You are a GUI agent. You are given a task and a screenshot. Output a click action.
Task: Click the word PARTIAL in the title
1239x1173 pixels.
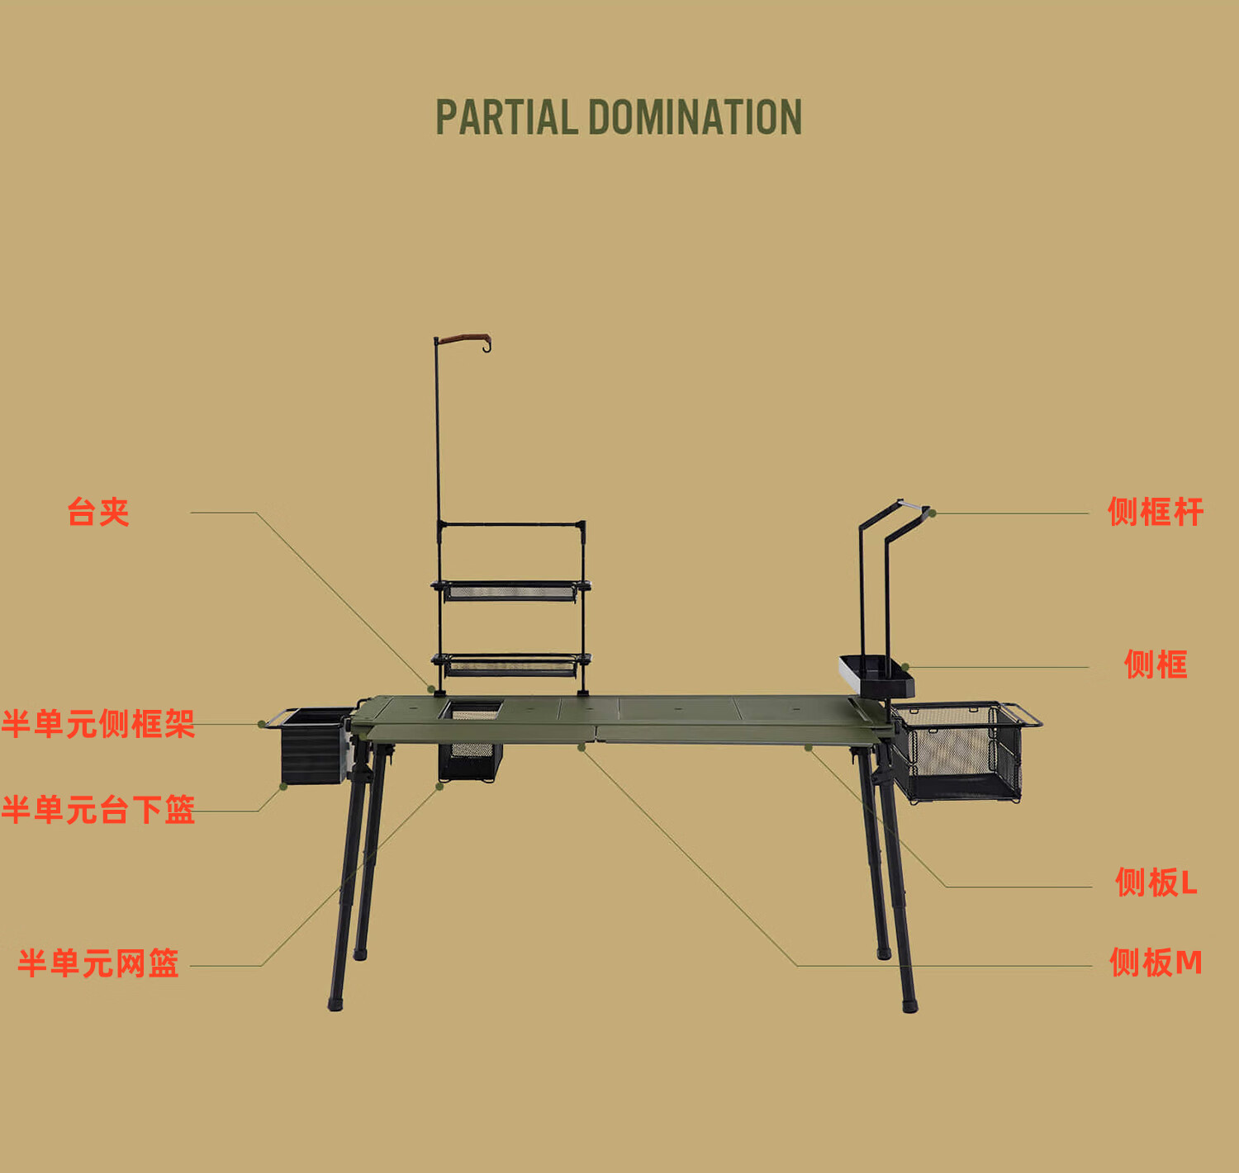(x=506, y=117)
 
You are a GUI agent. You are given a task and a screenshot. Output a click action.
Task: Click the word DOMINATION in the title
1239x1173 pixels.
(x=695, y=117)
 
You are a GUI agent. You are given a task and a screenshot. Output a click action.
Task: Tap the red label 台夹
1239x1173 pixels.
(x=98, y=512)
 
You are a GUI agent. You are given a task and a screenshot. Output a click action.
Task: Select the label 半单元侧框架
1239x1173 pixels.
(x=98, y=724)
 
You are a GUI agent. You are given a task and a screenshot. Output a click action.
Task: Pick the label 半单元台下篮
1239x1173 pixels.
(x=98, y=810)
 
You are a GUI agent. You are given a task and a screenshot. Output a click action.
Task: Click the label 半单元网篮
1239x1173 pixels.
(x=98, y=963)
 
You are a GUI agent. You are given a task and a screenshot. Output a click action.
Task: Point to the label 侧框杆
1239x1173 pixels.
(x=1155, y=512)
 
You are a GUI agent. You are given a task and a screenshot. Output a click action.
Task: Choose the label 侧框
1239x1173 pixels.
(x=1155, y=665)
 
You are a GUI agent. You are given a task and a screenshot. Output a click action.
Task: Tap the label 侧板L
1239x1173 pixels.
(x=1155, y=882)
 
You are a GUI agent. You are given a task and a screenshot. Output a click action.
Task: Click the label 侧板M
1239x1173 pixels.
(x=1155, y=963)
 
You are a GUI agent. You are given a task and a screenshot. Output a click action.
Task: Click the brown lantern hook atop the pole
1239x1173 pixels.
(x=466, y=339)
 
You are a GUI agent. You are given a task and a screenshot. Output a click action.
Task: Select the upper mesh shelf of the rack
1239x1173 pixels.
(x=510, y=590)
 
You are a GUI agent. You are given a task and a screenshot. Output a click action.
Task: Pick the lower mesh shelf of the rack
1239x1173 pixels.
(x=510, y=664)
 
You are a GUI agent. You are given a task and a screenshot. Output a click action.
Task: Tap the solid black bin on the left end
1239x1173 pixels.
(x=313, y=747)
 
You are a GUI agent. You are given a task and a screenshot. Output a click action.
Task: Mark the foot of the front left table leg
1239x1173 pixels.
(x=335, y=1004)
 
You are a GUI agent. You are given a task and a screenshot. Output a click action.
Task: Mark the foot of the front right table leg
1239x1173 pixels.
(x=909, y=1005)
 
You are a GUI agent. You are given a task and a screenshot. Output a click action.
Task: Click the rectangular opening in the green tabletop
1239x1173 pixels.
(x=472, y=709)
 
